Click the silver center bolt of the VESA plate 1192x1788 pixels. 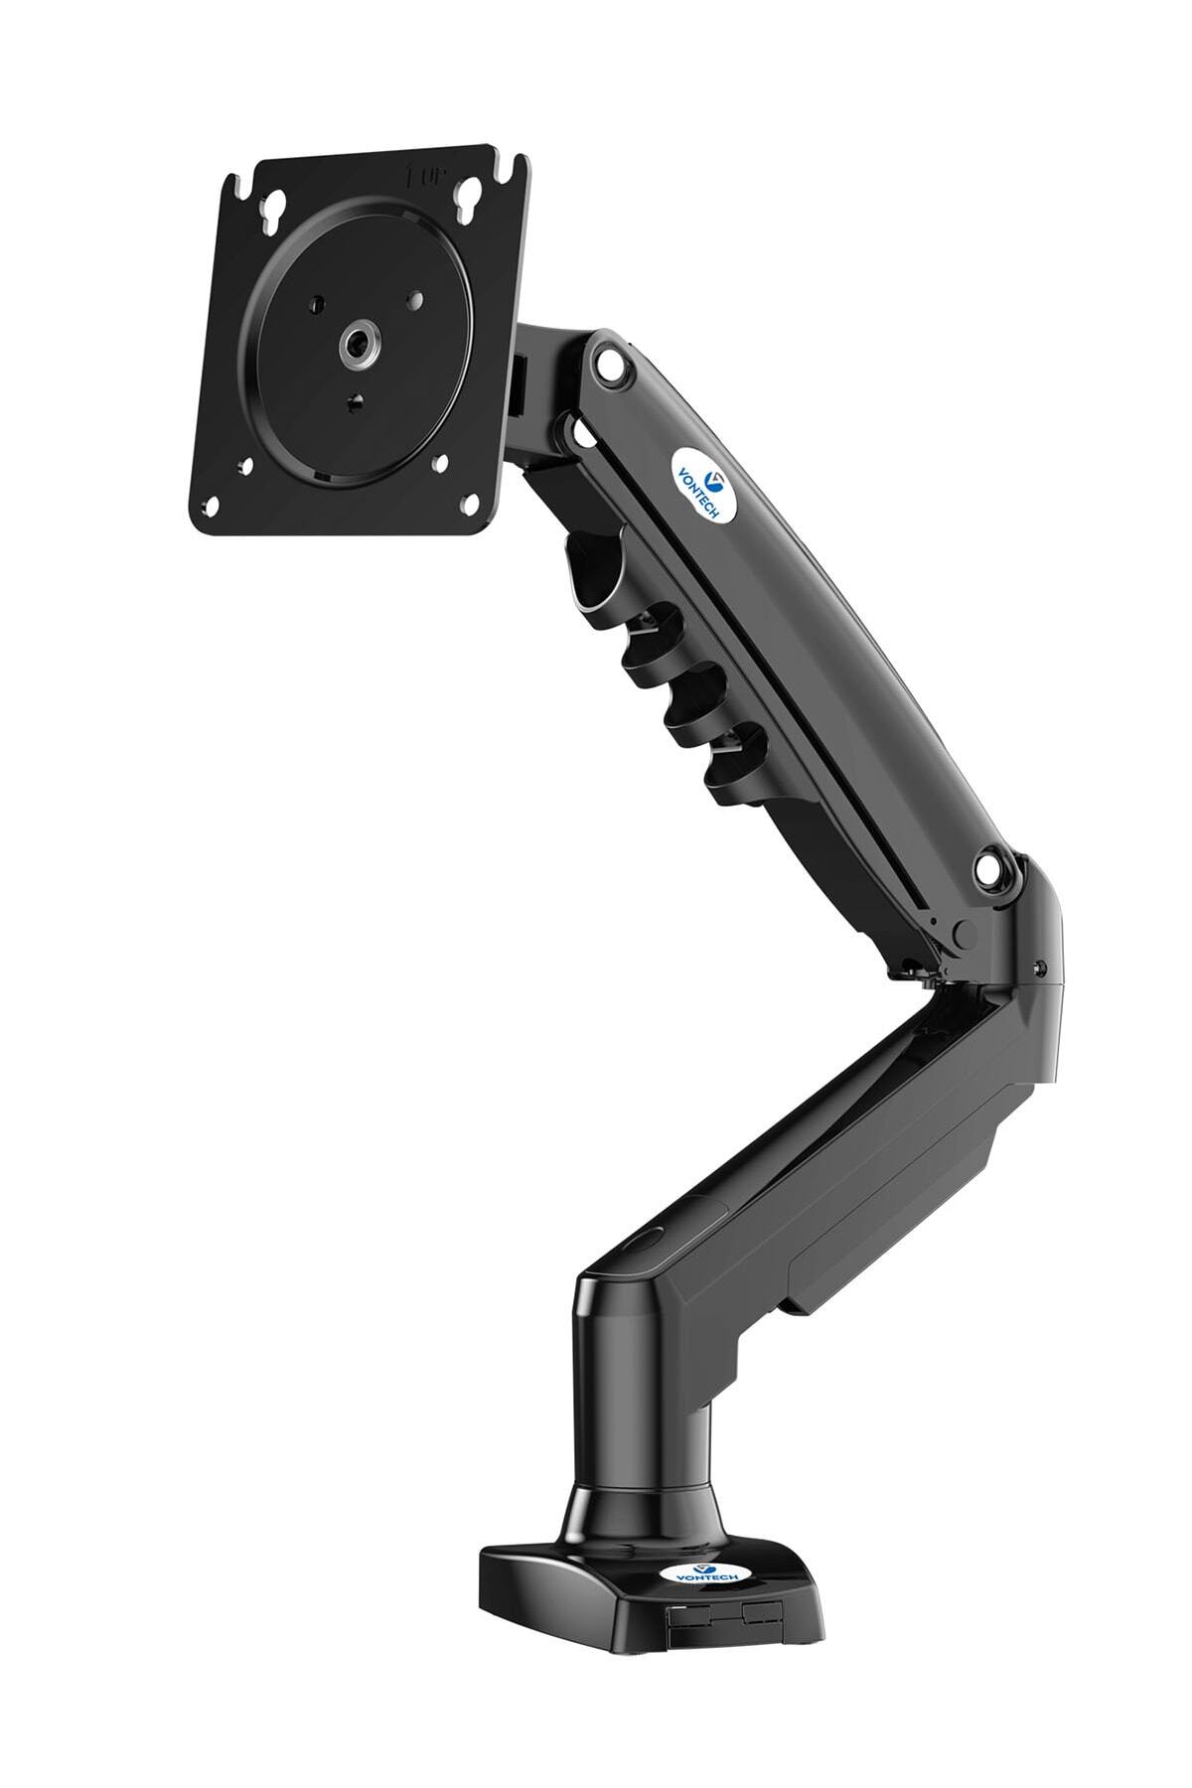coord(355,345)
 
